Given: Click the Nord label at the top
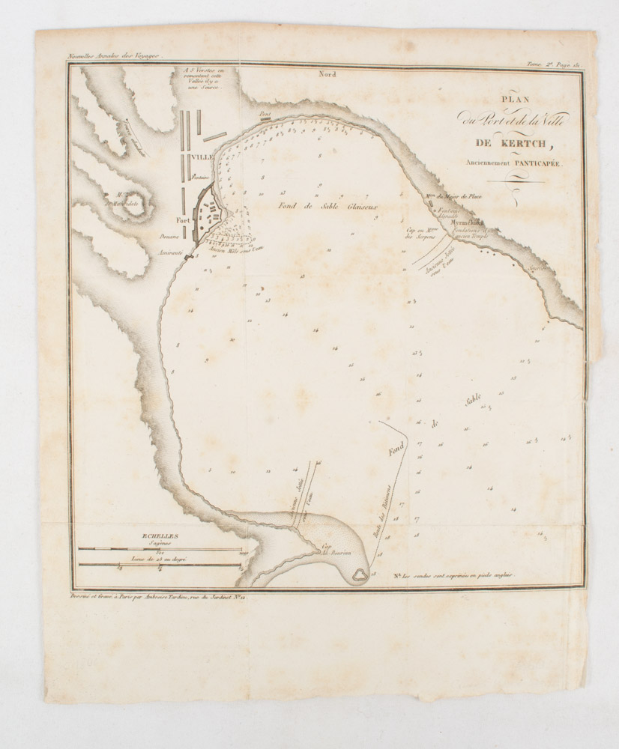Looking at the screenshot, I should [x=327, y=75].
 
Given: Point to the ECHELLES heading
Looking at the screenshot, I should [x=160, y=536].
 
